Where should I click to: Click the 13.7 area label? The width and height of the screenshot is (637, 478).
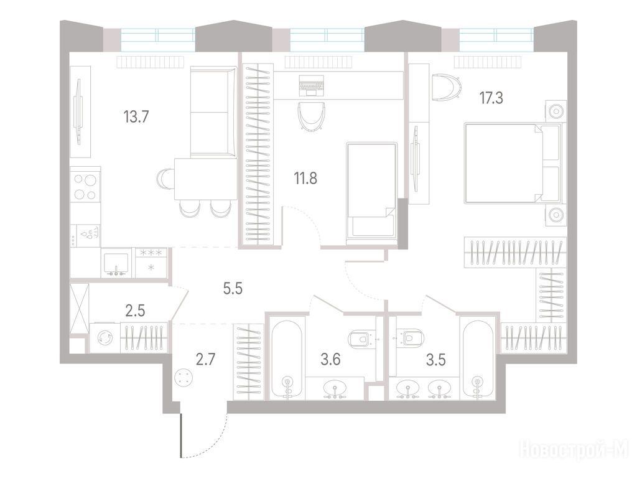pyautogui.click(x=136, y=117)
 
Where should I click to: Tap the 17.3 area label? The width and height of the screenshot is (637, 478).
pyautogui.click(x=491, y=98)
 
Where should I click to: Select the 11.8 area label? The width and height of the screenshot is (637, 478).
pyautogui.click(x=305, y=178)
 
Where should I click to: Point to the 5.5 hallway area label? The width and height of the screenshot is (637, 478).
pyautogui.click(x=233, y=289)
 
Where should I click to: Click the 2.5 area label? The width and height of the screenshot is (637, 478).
pyautogui.click(x=135, y=311)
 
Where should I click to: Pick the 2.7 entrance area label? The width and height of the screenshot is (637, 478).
pyautogui.click(x=205, y=360)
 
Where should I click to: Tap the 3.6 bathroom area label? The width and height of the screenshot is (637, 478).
pyautogui.click(x=330, y=360)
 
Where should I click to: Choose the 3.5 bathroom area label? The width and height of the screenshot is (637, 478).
pyautogui.click(x=436, y=360)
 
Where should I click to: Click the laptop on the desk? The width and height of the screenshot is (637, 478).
pyautogui.click(x=311, y=85)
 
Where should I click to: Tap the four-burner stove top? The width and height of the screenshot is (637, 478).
pyautogui.click(x=85, y=186)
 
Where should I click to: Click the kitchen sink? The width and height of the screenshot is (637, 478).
pyautogui.click(x=116, y=264)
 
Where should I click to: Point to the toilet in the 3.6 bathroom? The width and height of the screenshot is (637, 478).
pyautogui.click(x=360, y=338)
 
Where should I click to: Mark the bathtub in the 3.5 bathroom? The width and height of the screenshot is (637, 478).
pyautogui.click(x=478, y=359)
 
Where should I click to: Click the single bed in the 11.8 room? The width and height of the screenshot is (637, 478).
pyautogui.click(x=371, y=194)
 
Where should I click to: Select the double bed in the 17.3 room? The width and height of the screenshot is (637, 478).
pyautogui.click(x=513, y=162)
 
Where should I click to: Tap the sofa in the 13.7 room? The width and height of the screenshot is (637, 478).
pyautogui.click(x=213, y=112)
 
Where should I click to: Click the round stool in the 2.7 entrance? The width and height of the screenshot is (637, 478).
pyautogui.click(x=184, y=378)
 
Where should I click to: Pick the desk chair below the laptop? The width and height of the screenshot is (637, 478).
pyautogui.click(x=311, y=116)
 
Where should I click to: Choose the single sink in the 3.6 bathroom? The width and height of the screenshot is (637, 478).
pyautogui.click(x=335, y=390)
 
